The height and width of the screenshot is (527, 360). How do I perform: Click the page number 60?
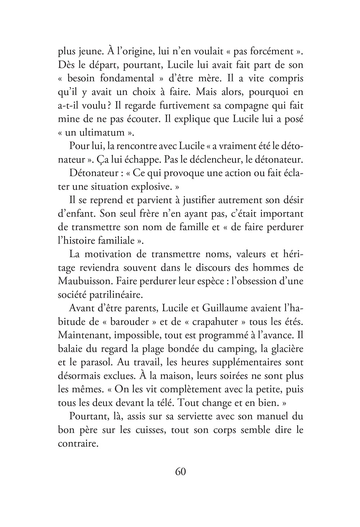coord(180,472)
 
